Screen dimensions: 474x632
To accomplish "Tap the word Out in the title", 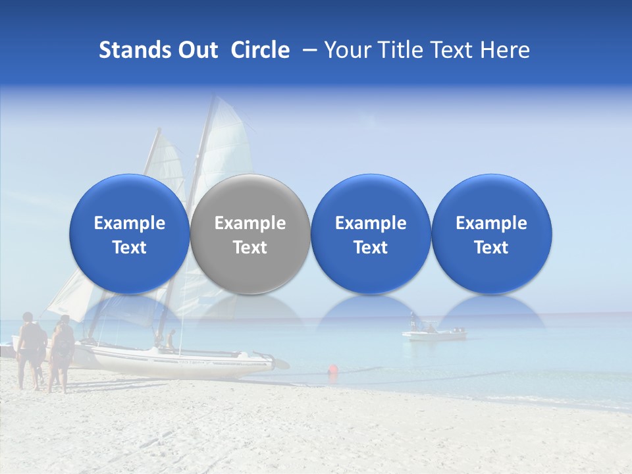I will point(197,50).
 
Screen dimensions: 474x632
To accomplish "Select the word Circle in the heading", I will point(260,50).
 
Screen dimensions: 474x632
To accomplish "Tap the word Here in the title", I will point(505,50).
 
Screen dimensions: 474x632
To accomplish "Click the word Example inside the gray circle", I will point(250,223).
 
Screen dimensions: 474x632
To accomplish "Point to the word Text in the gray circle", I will point(250,248).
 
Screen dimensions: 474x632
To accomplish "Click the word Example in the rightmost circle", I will point(491,223).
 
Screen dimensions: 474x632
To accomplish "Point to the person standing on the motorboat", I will point(413,321).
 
